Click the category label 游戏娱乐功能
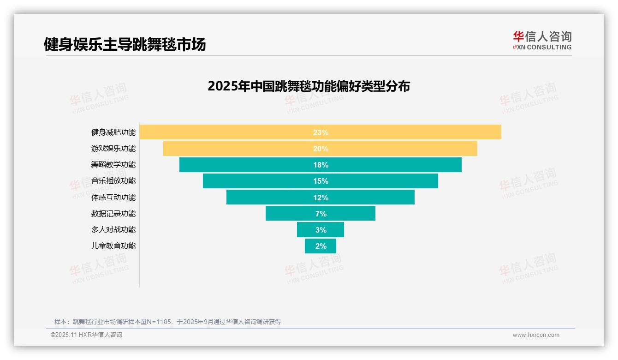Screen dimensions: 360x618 coord(113,149)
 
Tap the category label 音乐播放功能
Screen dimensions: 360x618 coord(113,181)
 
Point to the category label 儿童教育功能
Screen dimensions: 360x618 coord(113,246)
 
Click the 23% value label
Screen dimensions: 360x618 coord(321,132)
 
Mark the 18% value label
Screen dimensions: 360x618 coord(321,165)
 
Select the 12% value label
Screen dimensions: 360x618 coord(321,198)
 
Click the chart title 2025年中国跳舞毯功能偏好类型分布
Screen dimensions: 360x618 coord(309,86)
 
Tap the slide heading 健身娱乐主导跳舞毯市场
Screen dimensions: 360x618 coord(125,44)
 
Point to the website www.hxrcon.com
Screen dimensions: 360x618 coord(536,335)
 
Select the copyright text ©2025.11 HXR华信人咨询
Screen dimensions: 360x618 coord(86,335)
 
